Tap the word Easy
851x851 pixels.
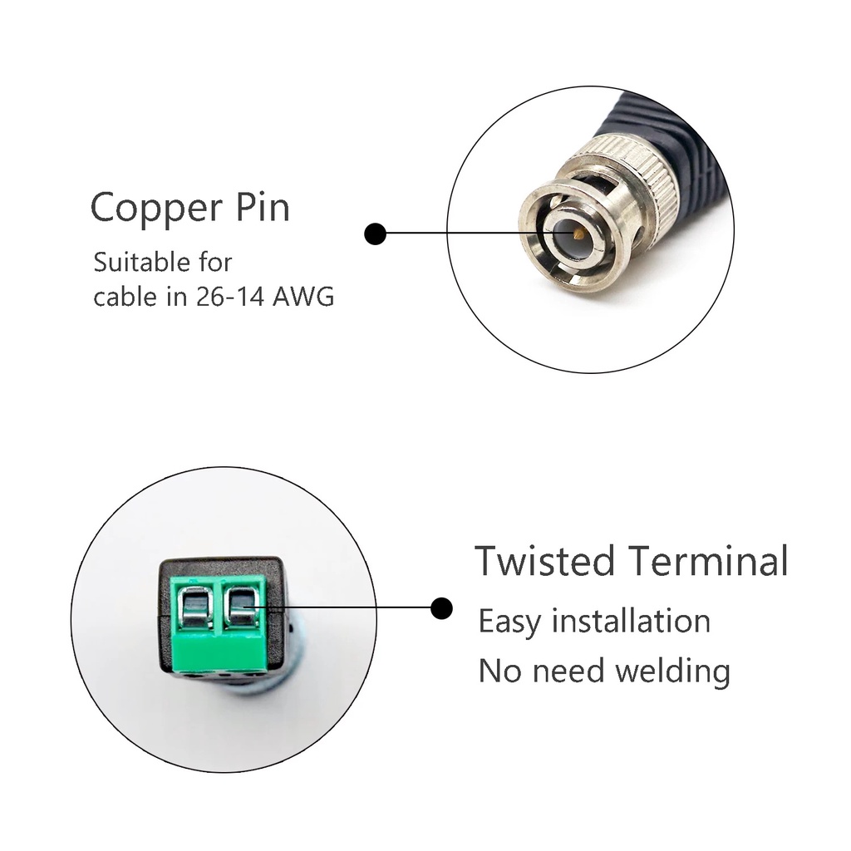(x=509, y=622)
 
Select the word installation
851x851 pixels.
(x=631, y=621)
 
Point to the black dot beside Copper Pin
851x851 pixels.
(x=376, y=234)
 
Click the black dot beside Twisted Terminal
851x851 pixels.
(x=442, y=608)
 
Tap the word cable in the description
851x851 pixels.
(x=127, y=297)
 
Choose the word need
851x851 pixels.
(x=566, y=670)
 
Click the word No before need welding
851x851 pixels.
(x=499, y=670)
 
